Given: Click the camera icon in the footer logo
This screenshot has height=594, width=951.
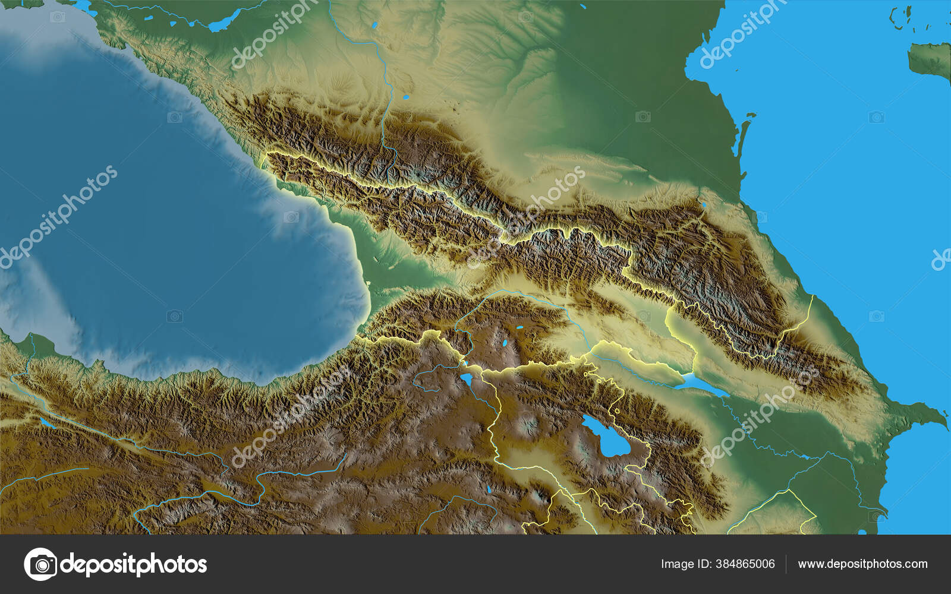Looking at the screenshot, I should [x=40, y=564].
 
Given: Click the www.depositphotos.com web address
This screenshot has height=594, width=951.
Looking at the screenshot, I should [x=862, y=564].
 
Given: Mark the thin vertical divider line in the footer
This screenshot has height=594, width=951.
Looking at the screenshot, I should [x=786, y=564].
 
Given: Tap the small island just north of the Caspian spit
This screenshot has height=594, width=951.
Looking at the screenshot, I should [x=751, y=116].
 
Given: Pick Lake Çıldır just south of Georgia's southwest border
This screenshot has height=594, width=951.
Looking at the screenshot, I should [x=467, y=378].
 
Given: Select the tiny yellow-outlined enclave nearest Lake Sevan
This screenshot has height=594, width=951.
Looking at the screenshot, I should [x=617, y=410].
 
